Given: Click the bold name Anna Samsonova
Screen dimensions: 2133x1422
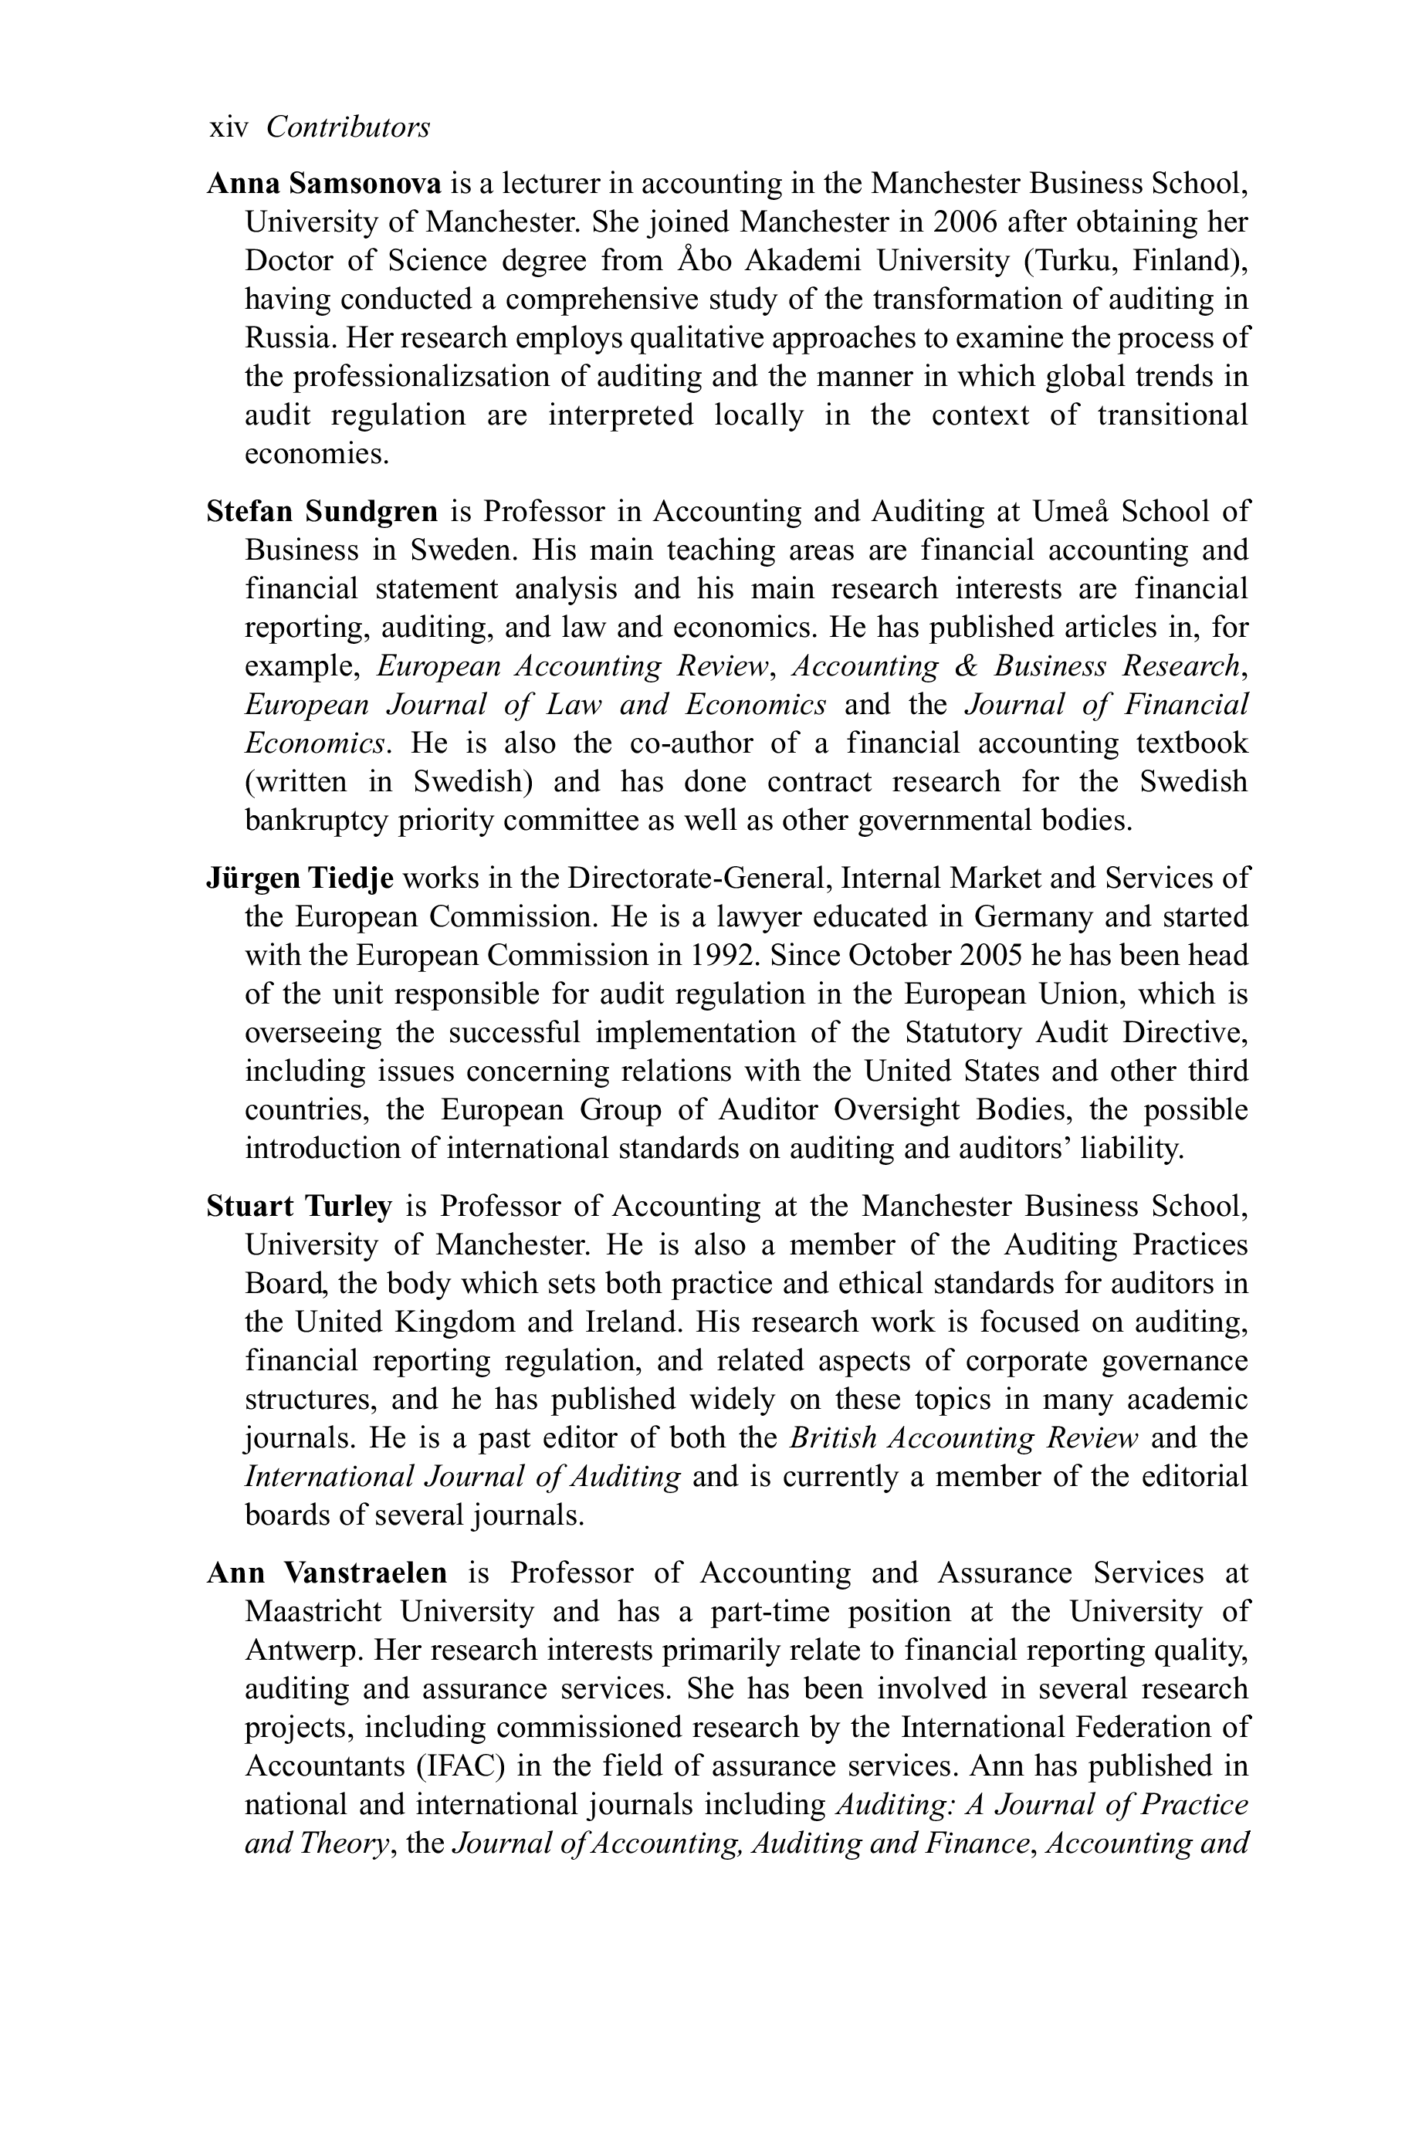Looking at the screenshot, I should point(323,184).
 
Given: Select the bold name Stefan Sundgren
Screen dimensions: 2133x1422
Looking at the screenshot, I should point(322,513).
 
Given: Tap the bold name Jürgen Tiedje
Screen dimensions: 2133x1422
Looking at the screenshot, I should point(300,879).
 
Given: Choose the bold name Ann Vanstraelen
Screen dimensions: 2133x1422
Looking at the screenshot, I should point(327,1573).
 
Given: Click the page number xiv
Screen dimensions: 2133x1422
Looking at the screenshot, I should point(229,128).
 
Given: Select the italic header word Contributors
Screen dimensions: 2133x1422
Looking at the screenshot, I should point(347,128).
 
